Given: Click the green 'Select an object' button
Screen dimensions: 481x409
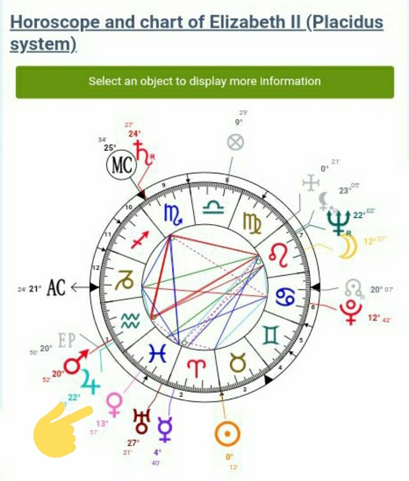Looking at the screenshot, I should pos(205,82).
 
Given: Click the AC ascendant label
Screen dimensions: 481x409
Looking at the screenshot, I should pos(56,288).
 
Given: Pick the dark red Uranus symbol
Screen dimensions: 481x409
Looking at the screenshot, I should pos(141,421).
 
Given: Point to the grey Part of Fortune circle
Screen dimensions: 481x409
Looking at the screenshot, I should pos(235,142).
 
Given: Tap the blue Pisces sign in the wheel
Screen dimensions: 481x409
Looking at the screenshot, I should pos(157,354).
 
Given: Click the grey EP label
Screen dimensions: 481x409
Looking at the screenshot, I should pos(66,341).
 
